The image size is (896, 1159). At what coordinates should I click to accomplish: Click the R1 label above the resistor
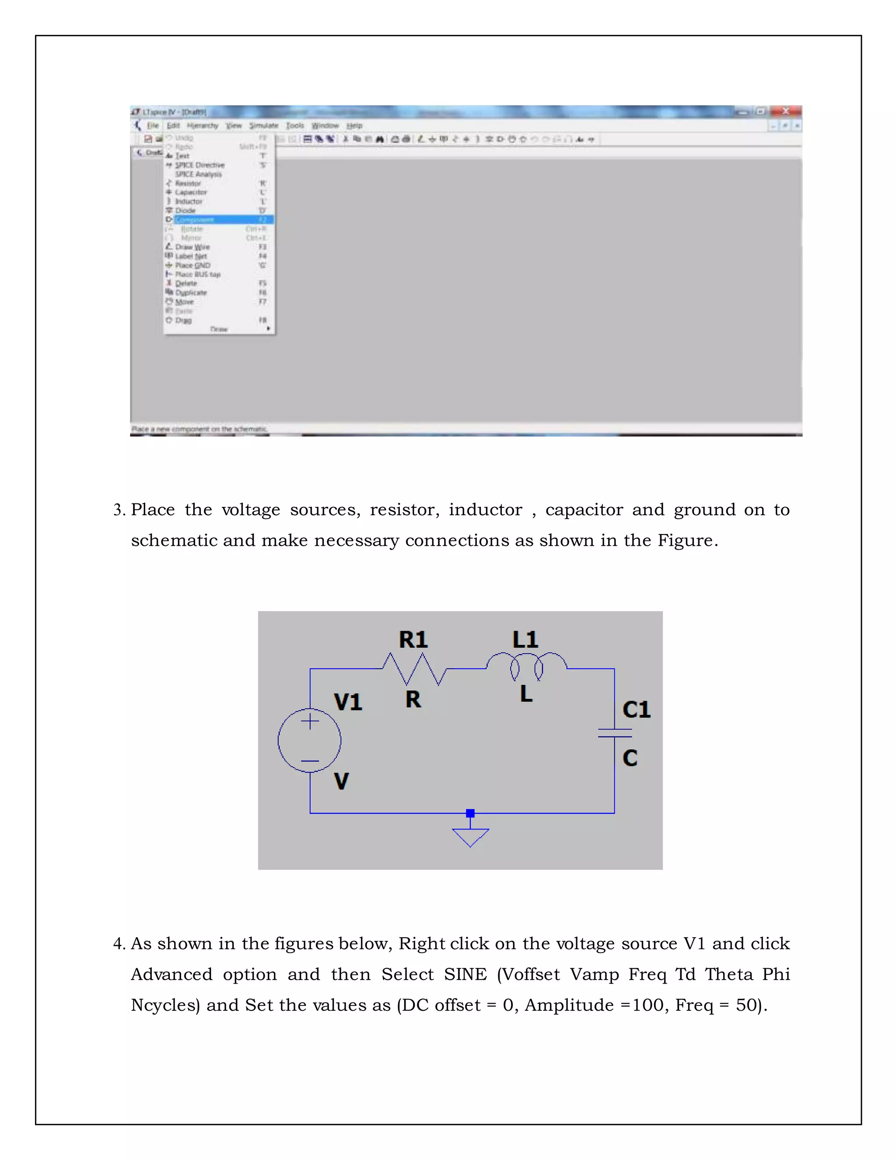click(413, 639)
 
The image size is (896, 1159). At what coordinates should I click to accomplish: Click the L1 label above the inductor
click(525, 639)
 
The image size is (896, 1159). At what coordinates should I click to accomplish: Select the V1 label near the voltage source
click(348, 702)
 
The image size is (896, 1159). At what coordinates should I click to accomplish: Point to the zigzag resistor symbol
click(414, 669)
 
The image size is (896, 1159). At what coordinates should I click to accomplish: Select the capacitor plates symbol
click(615, 733)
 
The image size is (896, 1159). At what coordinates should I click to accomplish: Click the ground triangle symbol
click(470, 836)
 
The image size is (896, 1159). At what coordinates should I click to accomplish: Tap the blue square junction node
click(470, 813)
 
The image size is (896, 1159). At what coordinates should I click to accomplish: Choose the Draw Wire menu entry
click(192, 247)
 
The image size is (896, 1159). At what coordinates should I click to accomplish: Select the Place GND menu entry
click(192, 265)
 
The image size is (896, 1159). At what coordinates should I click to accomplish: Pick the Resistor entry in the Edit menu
click(188, 183)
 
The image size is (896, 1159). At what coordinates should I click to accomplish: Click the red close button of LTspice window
click(786, 111)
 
